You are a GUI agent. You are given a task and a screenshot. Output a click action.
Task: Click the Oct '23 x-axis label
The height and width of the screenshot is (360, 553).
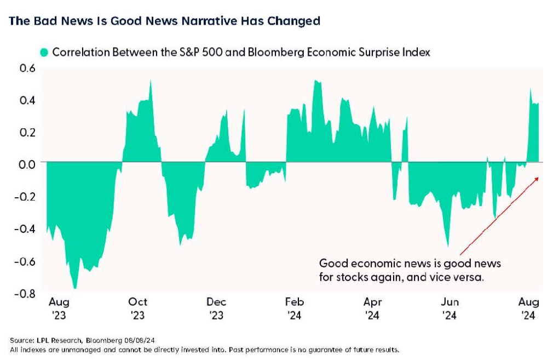click(138, 308)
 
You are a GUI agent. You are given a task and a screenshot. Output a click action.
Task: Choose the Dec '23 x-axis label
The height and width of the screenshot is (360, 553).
click(217, 308)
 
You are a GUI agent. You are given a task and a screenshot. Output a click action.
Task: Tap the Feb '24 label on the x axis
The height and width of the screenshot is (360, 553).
click(295, 308)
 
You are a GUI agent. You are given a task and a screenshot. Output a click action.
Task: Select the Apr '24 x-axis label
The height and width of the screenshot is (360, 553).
click(373, 308)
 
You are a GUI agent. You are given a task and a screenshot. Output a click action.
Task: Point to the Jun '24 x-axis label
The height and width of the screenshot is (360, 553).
click(450, 308)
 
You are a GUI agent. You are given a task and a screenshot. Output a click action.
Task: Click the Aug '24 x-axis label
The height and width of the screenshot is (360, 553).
click(528, 308)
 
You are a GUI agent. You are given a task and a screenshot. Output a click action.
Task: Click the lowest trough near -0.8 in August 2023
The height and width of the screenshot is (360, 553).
click(75, 288)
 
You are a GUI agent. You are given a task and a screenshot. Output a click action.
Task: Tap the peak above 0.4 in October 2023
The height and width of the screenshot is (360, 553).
click(151, 81)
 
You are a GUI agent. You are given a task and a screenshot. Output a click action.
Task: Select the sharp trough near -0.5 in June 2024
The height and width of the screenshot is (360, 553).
click(448, 246)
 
